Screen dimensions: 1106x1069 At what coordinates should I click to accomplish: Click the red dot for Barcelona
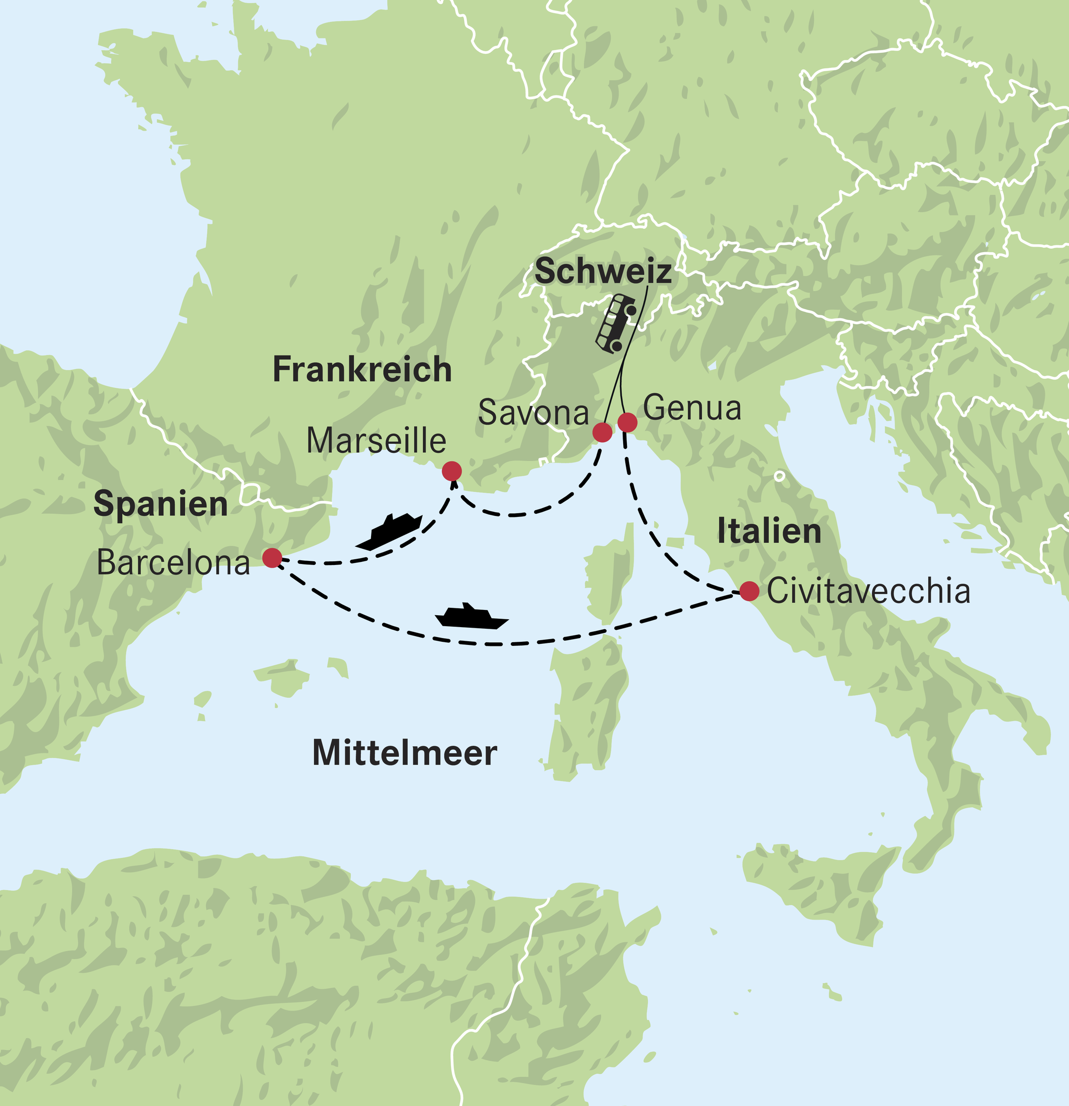272,558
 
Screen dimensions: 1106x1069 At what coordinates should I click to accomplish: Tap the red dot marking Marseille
452,470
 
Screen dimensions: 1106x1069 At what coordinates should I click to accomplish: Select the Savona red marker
602,433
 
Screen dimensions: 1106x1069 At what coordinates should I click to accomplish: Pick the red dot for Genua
627,421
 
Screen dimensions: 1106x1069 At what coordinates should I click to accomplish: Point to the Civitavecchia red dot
749,591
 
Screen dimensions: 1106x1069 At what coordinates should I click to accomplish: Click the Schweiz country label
603,272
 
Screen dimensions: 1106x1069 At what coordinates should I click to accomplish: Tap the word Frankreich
362,370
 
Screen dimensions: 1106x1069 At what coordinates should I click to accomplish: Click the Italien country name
769,531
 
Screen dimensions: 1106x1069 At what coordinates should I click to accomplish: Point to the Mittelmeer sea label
405,754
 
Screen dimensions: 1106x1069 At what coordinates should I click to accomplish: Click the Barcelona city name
173,562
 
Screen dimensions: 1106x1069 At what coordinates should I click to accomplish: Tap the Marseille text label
376,440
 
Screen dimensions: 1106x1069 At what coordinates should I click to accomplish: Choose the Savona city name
533,413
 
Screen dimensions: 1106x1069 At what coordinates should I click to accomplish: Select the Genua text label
692,408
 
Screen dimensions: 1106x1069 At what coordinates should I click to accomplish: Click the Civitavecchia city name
869,591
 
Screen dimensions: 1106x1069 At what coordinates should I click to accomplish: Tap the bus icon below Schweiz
616,323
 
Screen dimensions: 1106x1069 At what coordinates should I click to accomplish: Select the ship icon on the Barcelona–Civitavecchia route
471,617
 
